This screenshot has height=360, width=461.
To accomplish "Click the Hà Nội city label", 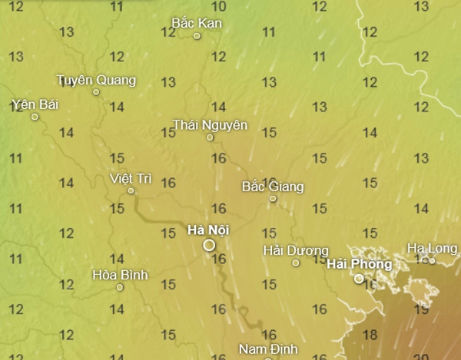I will coord(208,230).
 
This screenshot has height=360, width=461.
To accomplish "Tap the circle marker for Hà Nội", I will coord(209,245).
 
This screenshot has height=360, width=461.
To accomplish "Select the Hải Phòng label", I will coord(359,264).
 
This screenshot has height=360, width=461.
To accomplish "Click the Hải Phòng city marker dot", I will coord(359,279).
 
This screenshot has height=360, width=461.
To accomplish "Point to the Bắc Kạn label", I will coord(197,23).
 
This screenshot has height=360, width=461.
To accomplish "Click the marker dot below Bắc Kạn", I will coord(197,35).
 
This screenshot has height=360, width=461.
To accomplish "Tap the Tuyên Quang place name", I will coord(96,80).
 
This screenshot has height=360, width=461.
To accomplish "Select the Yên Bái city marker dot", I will coord(35,117).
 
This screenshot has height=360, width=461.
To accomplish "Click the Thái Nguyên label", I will coord(210,124).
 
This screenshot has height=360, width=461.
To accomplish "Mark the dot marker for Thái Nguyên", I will coord(210,137).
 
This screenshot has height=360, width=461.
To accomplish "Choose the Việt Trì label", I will coord(131,178).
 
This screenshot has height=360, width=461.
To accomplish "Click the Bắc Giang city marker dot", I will coord(272,199).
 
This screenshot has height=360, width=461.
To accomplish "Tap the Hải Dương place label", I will coord(296,250).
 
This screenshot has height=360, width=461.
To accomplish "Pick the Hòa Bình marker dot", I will coord(120,288).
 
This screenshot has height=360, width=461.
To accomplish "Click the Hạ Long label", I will coord(432,248).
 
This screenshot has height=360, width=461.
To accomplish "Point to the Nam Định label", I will coord(268,348).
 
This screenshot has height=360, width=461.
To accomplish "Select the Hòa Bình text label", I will coord(119,274).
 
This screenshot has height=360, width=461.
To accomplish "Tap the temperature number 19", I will coord(421,310).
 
